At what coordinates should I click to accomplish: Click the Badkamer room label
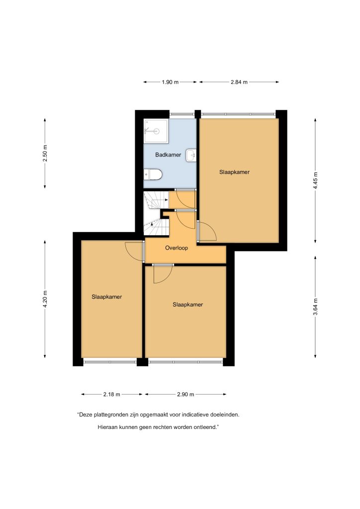click(x=168, y=155)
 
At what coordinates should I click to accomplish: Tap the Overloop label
click(x=177, y=248)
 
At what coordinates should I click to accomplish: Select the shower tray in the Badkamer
click(x=156, y=131)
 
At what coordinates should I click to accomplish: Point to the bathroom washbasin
click(x=191, y=156)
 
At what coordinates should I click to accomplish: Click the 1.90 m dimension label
click(x=170, y=82)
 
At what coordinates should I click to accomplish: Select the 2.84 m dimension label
click(x=239, y=82)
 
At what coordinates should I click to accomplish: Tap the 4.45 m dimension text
click(x=315, y=181)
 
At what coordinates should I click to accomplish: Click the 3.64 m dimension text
click(x=315, y=307)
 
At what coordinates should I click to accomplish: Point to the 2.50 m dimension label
click(x=45, y=153)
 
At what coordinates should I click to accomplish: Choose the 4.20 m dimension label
click(x=45, y=299)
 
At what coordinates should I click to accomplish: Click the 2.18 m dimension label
click(x=112, y=394)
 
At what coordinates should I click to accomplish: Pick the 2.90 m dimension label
click(x=185, y=394)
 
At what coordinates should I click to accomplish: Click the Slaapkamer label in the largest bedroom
click(x=234, y=172)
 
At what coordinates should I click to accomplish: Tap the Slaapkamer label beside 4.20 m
click(x=107, y=297)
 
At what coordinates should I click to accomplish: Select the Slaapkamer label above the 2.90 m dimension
click(x=187, y=305)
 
